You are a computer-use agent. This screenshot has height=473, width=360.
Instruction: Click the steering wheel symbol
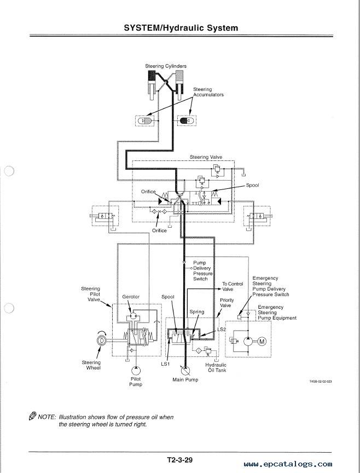(x=102, y=341)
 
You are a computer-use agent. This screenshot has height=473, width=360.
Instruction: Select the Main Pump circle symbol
(x=185, y=371)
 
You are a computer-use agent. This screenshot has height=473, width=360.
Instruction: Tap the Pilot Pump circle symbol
(x=136, y=371)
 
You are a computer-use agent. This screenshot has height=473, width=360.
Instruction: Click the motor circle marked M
(x=262, y=342)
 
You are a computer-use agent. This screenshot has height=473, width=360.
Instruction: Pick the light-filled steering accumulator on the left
(x=144, y=121)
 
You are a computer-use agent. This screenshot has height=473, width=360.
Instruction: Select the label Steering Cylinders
(x=166, y=66)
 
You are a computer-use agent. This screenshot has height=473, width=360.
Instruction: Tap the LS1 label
(x=165, y=364)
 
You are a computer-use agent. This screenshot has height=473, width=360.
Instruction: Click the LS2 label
(x=222, y=330)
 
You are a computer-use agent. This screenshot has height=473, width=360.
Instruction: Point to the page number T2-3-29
(x=180, y=460)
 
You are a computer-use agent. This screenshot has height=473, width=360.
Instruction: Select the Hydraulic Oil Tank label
(x=216, y=367)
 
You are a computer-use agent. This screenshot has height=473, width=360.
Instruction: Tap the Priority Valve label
(x=227, y=303)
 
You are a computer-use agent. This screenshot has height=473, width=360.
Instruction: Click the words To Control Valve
(x=232, y=286)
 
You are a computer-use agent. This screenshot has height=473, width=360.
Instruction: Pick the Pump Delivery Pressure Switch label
(x=202, y=271)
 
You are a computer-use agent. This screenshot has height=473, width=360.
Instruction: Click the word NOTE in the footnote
(x=47, y=417)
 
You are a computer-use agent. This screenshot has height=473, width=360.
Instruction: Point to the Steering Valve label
(x=206, y=157)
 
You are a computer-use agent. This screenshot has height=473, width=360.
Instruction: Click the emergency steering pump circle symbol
(x=248, y=342)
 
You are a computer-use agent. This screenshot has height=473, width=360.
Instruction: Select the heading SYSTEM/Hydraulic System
(x=181, y=28)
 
